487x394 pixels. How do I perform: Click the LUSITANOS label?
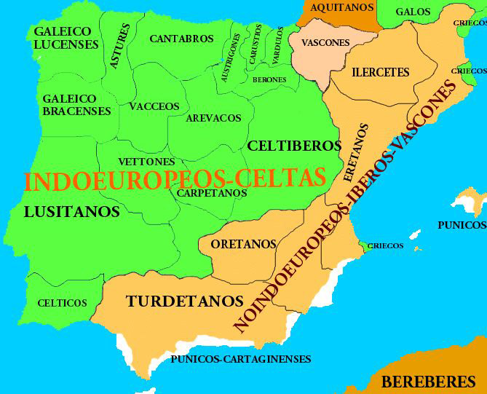[x=71, y=212]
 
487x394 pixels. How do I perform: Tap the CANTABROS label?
[x=181, y=38]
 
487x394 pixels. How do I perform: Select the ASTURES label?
[x=121, y=46]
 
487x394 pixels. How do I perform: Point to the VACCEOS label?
[x=154, y=106]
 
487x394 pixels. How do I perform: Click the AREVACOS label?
[x=213, y=117]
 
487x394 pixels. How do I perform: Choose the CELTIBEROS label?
[x=294, y=146]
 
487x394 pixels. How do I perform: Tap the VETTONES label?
[x=146, y=162]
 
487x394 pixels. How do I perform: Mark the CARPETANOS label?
[x=212, y=193]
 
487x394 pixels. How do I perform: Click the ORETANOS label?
[x=244, y=244]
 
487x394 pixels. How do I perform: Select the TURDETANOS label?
[x=184, y=300]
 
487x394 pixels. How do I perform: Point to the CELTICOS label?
[x=62, y=303]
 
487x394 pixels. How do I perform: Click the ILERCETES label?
[x=381, y=73]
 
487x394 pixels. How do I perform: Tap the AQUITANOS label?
[x=342, y=7]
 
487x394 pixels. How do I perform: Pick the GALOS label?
[x=413, y=12]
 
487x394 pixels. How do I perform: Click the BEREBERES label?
[x=429, y=381]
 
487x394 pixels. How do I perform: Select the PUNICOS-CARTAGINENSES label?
[x=241, y=359]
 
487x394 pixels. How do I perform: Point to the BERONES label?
[x=269, y=79]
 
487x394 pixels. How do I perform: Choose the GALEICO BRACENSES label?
[x=76, y=105]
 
